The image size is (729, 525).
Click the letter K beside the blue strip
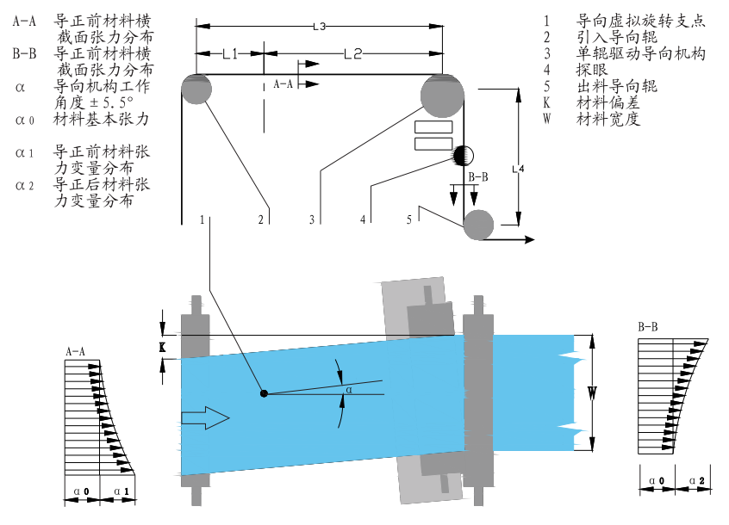(161, 347)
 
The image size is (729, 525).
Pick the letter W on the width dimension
(592, 394)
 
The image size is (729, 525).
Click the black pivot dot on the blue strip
(265, 394)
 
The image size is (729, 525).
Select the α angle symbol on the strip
(348, 390)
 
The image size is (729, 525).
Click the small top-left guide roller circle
(197, 90)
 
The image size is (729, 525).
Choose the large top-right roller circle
(441, 95)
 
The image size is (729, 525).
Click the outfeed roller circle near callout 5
(478, 225)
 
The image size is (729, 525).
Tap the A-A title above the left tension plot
(76, 351)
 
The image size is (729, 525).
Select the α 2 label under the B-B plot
(698, 480)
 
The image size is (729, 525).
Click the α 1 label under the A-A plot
(120, 491)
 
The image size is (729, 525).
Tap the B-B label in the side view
(478, 177)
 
